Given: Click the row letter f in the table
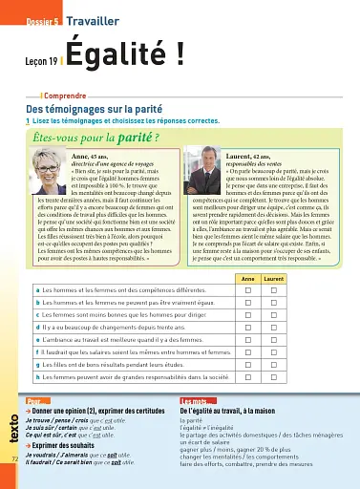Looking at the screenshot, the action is (35, 352).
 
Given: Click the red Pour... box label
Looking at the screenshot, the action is (39, 401).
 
